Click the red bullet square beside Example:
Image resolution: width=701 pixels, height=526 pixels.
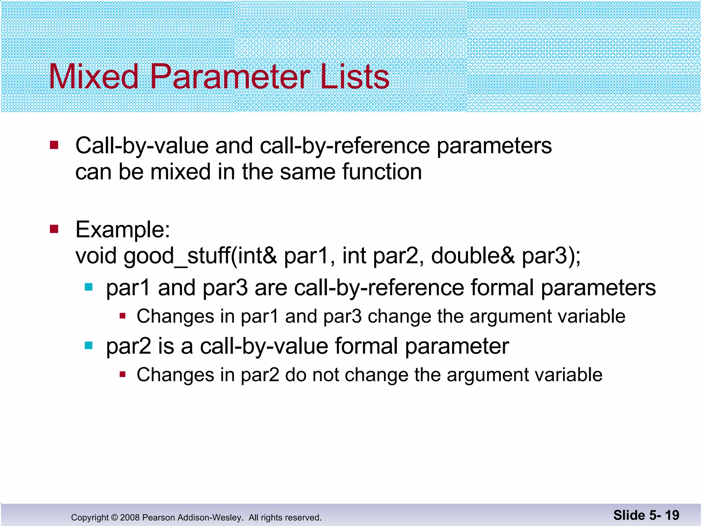pyautogui.click(x=54, y=229)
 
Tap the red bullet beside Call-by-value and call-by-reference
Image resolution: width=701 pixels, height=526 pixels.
pyautogui.click(x=54, y=145)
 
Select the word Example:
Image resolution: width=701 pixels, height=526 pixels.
pyautogui.click(x=123, y=230)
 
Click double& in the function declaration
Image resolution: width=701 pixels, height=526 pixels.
pyautogui.click(x=472, y=256)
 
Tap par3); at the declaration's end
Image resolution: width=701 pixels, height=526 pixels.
pyautogui.click(x=551, y=256)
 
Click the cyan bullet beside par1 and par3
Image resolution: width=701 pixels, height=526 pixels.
pyautogui.click(x=89, y=287)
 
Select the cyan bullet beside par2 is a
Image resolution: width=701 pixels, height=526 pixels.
pyautogui.click(x=89, y=346)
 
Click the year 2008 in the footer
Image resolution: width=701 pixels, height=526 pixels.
pyautogui.click(x=130, y=517)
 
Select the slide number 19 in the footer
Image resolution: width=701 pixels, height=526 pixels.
pyautogui.click(x=672, y=515)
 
